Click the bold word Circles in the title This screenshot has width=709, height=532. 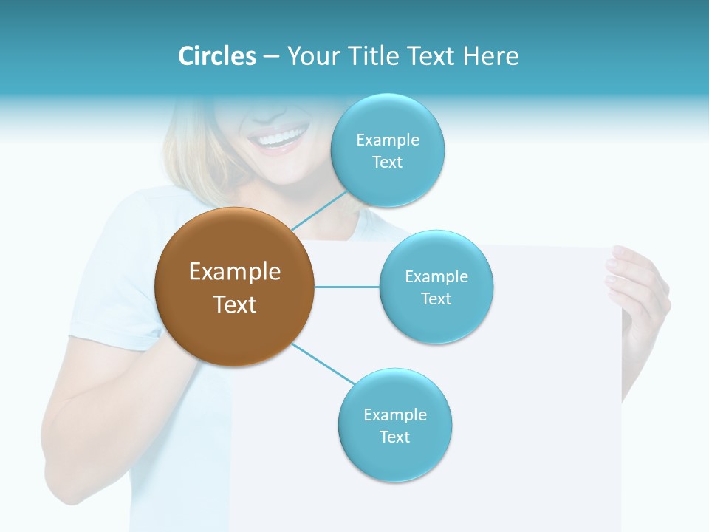click(x=216, y=56)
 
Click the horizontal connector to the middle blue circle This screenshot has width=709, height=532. click(x=346, y=287)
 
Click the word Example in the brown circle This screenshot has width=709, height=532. click(x=235, y=272)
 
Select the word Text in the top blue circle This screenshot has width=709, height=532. click(x=388, y=163)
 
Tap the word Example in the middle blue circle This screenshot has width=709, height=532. click(x=436, y=277)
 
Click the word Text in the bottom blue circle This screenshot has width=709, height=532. click(x=394, y=437)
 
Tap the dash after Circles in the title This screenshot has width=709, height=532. click(x=270, y=57)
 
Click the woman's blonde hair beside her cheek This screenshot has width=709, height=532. click(x=188, y=148)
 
